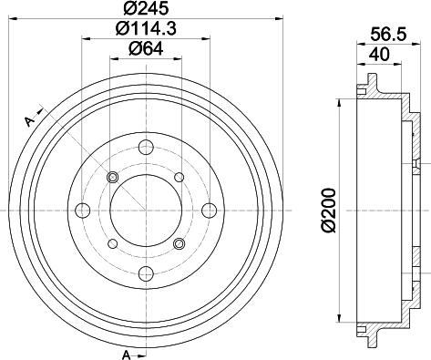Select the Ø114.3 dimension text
[x=146, y=30]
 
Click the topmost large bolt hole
[x=146, y=148]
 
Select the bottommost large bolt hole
[x=146, y=274]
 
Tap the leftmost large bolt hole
[x=83, y=211]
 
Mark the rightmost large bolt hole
[x=210, y=211]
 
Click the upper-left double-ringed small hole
[x=113, y=177]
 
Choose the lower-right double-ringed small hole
[x=180, y=243]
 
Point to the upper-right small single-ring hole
[x=180, y=177]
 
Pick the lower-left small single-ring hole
[x=113, y=243]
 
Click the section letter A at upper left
[x=29, y=122]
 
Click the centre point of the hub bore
[x=146, y=211]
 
